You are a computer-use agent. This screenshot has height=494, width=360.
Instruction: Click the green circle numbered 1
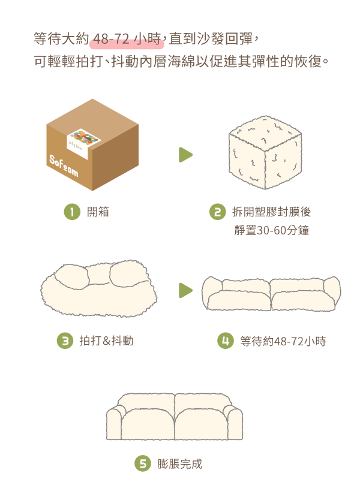point(72,212)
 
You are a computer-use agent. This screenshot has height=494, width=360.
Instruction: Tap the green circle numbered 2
point(217,212)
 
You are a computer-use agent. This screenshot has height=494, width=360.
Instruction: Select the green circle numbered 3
point(64,341)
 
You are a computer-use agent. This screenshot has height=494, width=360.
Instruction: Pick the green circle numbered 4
point(225,341)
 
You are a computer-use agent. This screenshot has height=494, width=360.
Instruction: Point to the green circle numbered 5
point(142,463)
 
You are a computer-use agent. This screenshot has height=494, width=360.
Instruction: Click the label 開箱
point(98,212)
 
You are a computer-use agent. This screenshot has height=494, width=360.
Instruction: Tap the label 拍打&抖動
point(106,341)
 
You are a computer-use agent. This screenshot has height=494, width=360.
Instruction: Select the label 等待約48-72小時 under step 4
point(283,342)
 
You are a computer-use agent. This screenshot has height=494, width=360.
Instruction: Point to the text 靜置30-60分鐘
point(271,230)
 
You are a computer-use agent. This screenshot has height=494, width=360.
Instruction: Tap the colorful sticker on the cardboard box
point(83,140)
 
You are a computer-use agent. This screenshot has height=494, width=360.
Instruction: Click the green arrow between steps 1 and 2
point(185,155)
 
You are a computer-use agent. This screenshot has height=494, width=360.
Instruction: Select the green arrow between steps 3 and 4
point(185,291)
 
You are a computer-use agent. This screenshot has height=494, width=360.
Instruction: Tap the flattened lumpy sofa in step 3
point(99,287)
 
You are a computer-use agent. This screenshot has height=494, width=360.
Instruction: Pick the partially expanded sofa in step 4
point(271,293)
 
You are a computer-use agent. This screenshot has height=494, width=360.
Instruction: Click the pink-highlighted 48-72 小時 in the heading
point(127,40)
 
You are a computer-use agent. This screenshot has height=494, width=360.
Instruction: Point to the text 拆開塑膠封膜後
point(271,212)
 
